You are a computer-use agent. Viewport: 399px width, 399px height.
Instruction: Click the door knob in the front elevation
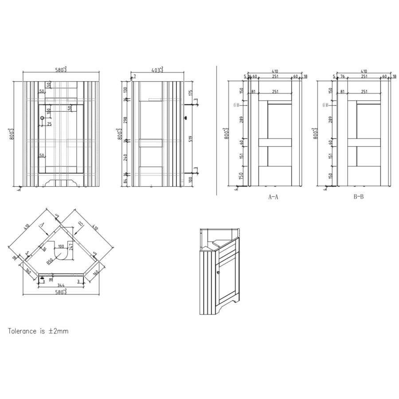pyautogui.click(x=42, y=118)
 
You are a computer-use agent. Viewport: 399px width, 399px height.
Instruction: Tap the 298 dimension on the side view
pyautogui.click(x=125, y=120)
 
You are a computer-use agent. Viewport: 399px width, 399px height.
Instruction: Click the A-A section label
pyautogui.click(x=274, y=196)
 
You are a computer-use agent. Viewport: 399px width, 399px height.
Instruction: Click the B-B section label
pyautogui.click(x=358, y=196)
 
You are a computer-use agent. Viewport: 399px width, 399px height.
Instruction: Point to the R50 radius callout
pyautogui.click(x=50, y=262)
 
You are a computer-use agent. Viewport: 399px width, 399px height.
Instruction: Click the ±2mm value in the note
pyautogui.click(x=59, y=331)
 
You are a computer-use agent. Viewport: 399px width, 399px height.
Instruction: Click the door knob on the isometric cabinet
pyautogui.click(x=218, y=271)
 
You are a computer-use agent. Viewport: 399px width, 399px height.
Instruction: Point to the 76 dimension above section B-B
pyautogui.click(x=342, y=76)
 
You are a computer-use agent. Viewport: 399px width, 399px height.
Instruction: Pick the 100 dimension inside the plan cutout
pyautogui.click(x=60, y=246)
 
